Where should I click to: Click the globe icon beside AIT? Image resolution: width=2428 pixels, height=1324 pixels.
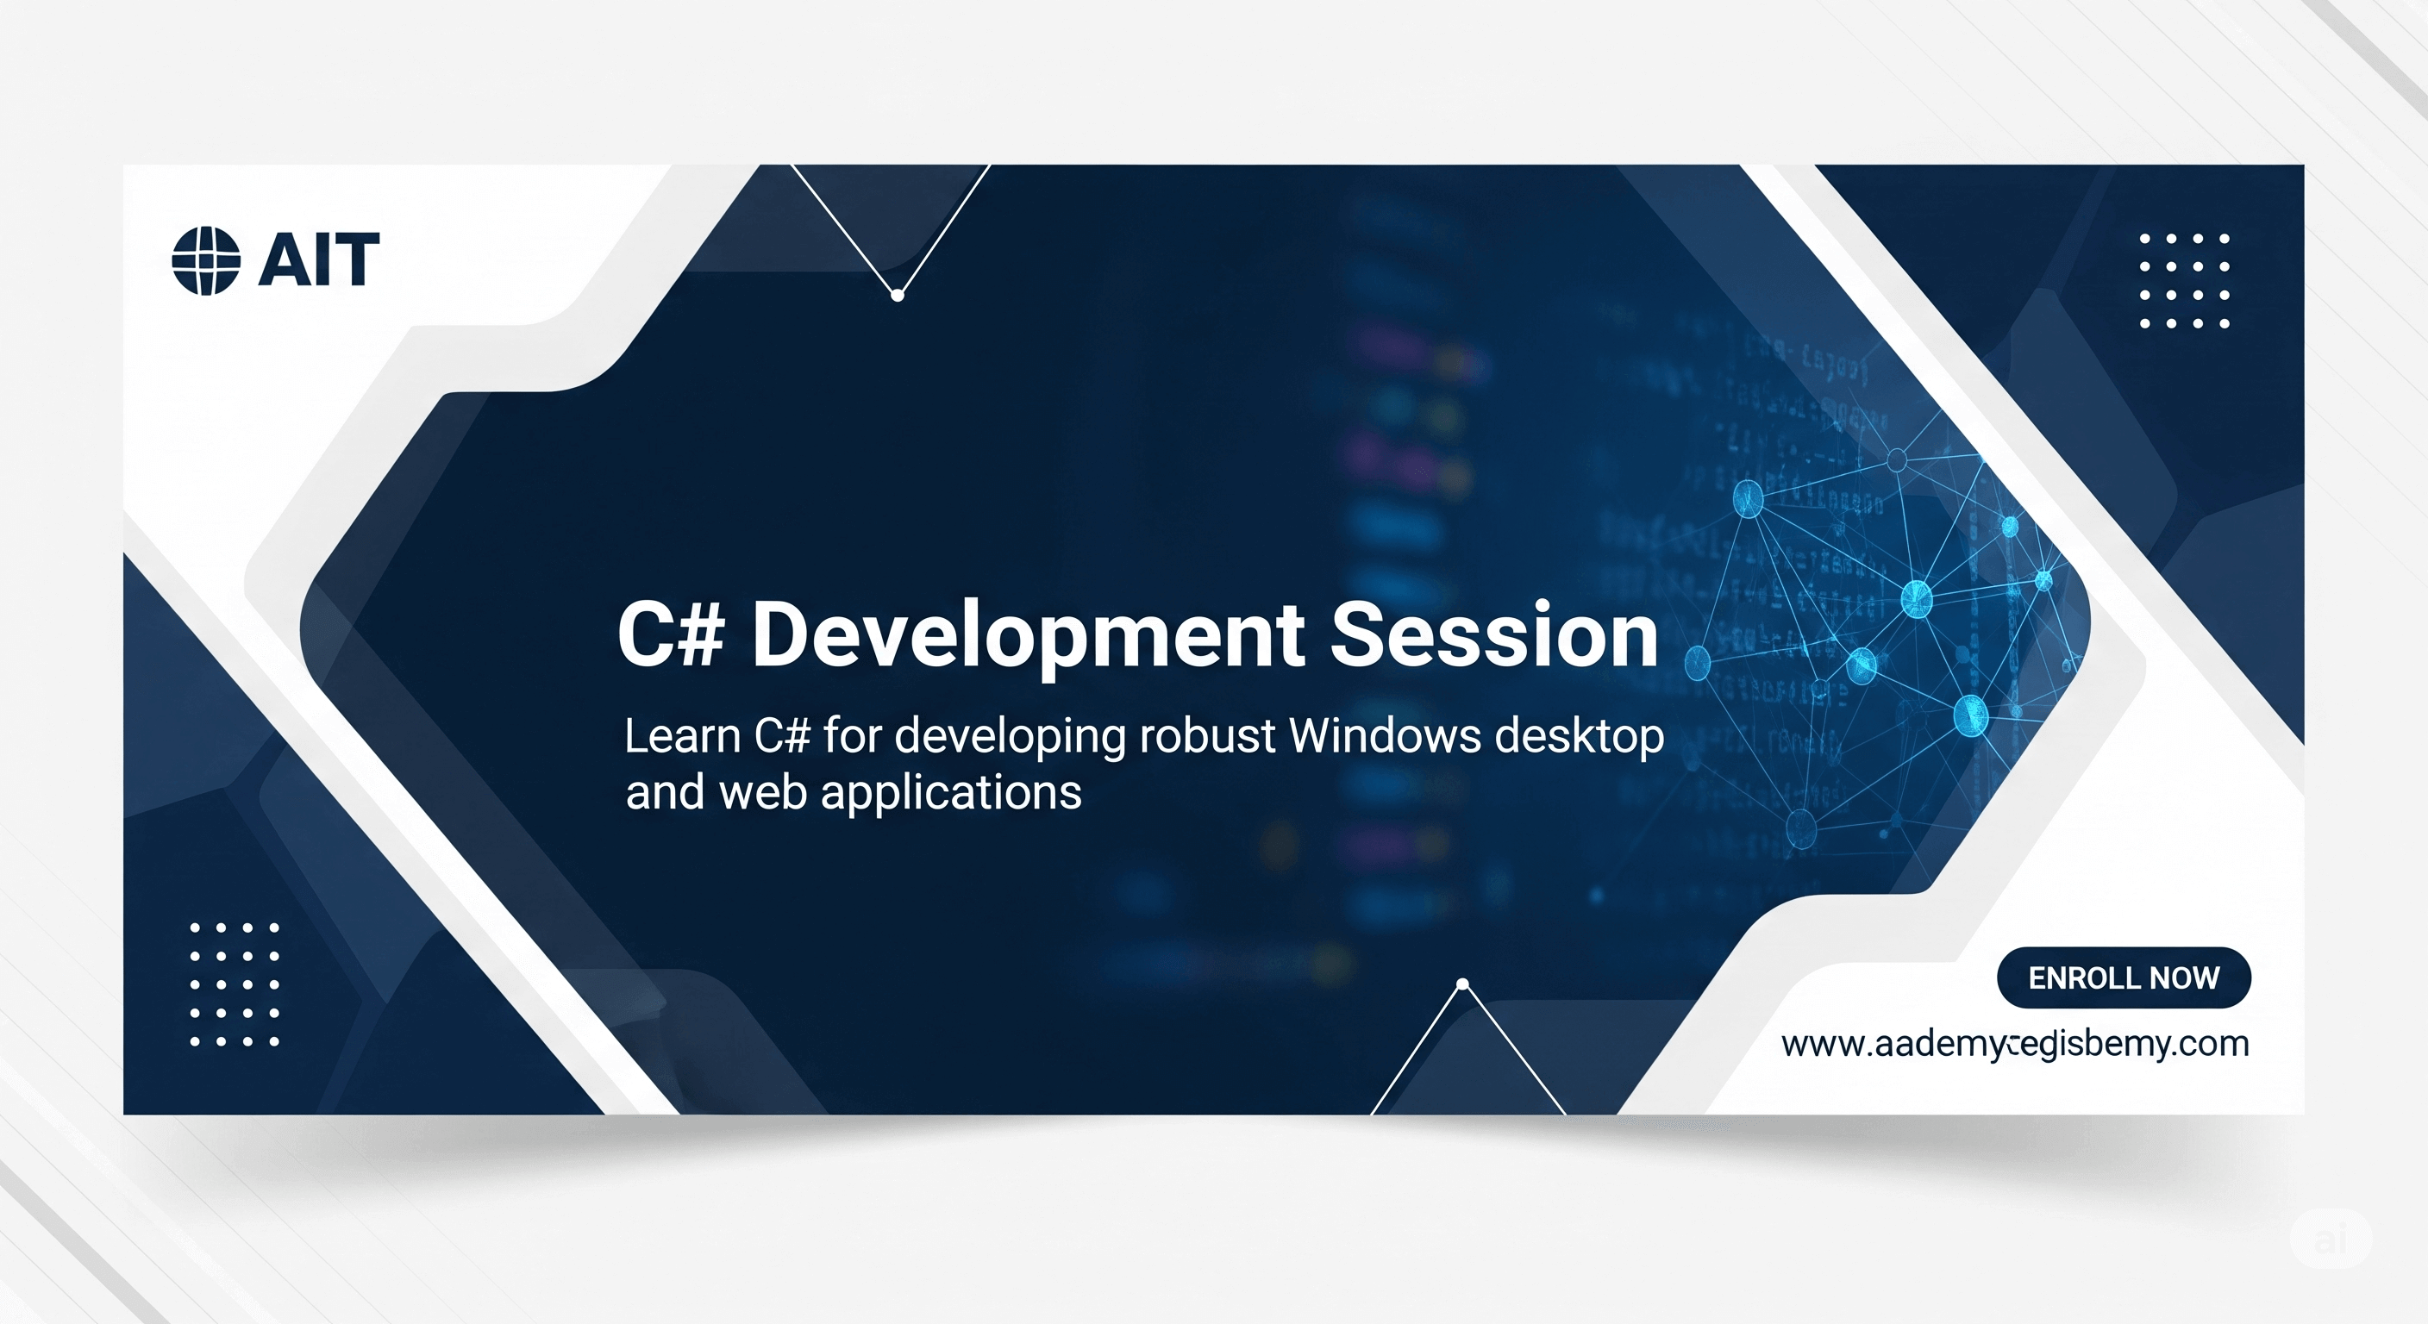click(x=205, y=260)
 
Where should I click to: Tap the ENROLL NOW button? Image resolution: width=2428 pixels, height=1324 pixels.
click(x=2123, y=977)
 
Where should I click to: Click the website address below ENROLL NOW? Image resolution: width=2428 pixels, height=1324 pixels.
click(x=2014, y=1044)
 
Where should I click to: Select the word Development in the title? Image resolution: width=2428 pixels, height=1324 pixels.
click(x=1028, y=636)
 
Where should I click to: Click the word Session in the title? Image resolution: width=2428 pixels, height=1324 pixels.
click(x=1493, y=636)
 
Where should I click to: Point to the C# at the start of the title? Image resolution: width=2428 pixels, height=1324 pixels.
click(x=670, y=636)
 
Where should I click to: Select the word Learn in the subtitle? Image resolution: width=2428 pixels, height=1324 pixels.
click(x=682, y=736)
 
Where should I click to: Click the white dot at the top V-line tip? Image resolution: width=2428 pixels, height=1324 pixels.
click(x=898, y=296)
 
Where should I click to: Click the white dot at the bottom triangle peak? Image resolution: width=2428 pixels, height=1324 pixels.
click(x=1463, y=984)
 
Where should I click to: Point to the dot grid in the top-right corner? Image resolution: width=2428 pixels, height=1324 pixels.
click(x=2184, y=281)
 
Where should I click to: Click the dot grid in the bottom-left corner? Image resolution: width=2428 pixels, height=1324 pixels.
click(x=234, y=984)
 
